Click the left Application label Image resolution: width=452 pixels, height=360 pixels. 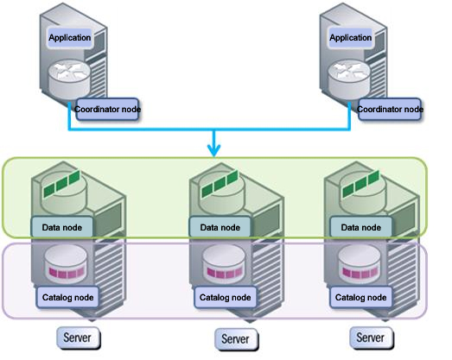click(x=69, y=38)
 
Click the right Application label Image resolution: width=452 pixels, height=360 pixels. click(x=351, y=38)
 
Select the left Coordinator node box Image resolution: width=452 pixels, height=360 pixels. click(x=107, y=109)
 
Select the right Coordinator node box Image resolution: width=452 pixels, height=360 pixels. click(x=390, y=109)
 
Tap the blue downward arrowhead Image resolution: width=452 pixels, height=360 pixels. click(x=213, y=150)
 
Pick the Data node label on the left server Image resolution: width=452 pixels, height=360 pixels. click(x=62, y=227)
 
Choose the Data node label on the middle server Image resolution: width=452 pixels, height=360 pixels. click(x=220, y=227)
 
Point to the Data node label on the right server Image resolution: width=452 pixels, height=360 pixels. click(x=361, y=227)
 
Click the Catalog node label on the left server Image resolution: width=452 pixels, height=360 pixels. click(x=67, y=297)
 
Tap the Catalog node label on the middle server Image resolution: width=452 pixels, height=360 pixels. click(x=225, y=297)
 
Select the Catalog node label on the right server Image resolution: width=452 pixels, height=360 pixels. click(x=361, y=297)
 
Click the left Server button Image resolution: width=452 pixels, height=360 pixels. click(x=78, y=338)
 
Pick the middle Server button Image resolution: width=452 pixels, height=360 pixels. click(x=236, y=339)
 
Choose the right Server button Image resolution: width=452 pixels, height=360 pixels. click(x=371, y=338)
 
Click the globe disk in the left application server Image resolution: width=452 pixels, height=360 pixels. click(x=69, y=79)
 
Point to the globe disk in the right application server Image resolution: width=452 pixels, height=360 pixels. click(x=349, y=79)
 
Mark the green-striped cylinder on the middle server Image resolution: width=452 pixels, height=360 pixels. click(x=222, y=193)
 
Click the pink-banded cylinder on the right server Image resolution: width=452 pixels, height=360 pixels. click(x=360, y=263)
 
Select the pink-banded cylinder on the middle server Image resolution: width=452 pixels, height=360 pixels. click(x=223, y=264)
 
